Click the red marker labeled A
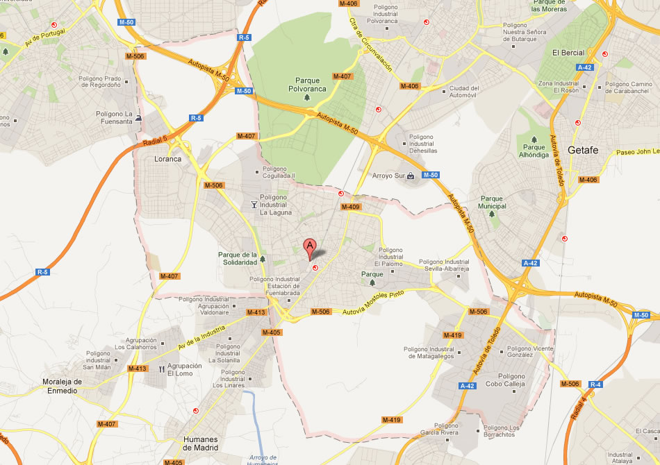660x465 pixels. (x=310, y=247)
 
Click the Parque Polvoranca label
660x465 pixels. (x=308, y=85)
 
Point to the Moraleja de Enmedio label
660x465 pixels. (x=63, y=386)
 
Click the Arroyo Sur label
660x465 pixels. (x=388, y=176)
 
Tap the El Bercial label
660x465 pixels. (x=568, y=53)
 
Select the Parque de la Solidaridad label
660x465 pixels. (x=238, y=258)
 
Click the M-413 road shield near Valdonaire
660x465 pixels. (x=256, y=312)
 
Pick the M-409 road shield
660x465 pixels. (x=350, y=207)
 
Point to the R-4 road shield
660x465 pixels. (x=595, y=384)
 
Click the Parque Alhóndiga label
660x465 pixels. (x=534, y=151)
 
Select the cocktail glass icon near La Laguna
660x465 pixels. (x=254, y=204)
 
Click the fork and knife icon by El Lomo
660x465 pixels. (x=162, y=369)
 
